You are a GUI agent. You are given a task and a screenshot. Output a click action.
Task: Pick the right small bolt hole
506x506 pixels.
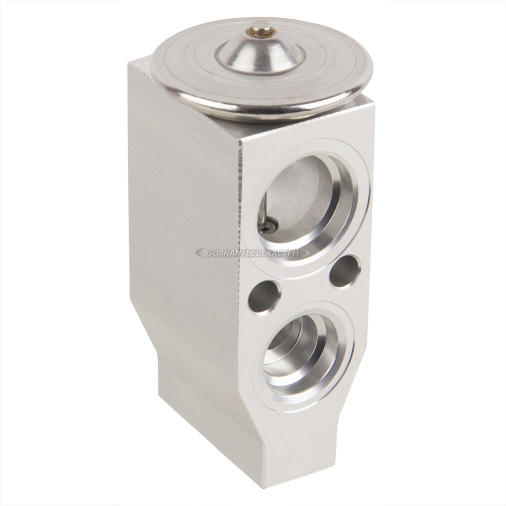pyautogui.click(x=345, y=271)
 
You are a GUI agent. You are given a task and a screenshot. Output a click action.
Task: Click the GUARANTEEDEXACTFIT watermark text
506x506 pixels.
pyautogui.click(x=253, y=252)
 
